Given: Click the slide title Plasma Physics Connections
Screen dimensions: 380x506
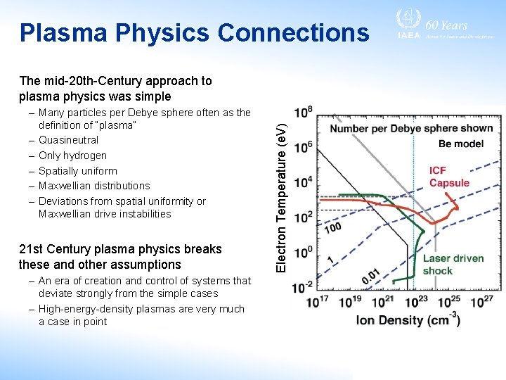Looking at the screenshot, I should [194, 32].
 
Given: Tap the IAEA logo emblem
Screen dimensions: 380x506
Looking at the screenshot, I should [408, 20].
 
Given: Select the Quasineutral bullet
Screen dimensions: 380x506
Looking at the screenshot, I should [69, 140].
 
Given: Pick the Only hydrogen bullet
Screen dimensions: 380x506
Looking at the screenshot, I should [73, 156].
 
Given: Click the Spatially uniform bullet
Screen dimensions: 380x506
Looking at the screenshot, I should [78, 171].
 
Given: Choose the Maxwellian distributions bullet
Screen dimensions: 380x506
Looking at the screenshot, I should [94, 186].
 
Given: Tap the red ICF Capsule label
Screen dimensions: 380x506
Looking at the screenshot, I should [449, 177].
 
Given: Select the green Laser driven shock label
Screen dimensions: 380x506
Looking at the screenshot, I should [453, 265].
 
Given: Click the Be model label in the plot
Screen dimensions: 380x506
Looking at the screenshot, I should [461, 144].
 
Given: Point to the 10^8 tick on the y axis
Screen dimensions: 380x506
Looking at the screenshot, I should [304, 113].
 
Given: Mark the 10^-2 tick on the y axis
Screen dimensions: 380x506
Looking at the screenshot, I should [304, 286].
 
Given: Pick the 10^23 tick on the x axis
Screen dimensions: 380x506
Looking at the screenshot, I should [417, 303].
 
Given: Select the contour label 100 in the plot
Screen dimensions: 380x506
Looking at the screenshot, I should [332, 228].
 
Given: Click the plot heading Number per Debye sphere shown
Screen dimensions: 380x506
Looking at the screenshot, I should [410, 129].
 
